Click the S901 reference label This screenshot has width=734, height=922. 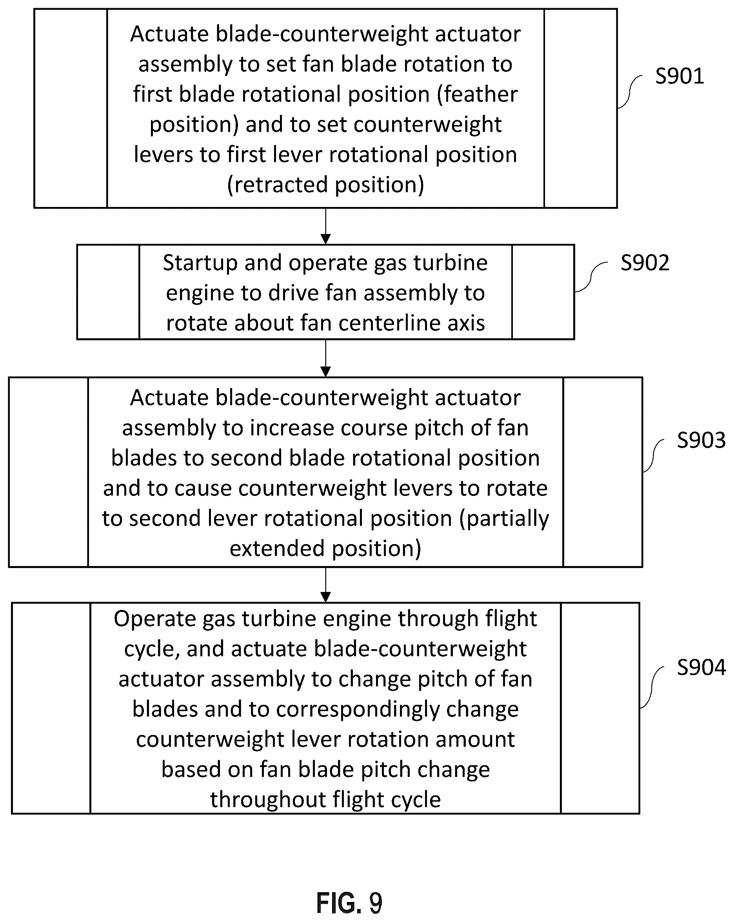[x=679, y=76]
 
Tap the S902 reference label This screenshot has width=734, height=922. [x=645, y=263]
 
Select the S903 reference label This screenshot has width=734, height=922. [x=701, y=440]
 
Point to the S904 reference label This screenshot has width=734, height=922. [x=701, y=667]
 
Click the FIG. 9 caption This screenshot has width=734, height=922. [x=349, y=903]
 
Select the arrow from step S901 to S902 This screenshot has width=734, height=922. [x=326, y=226]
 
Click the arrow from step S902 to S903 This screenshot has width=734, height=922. [x=326, y=358]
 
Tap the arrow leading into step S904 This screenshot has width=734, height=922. [x=326, y=584]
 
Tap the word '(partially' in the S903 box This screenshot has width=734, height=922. [x=504, y=519]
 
